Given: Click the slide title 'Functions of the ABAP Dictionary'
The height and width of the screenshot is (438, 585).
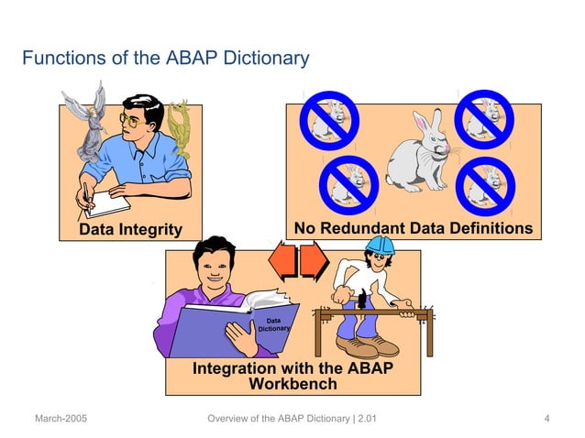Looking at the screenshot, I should tap(165, 60).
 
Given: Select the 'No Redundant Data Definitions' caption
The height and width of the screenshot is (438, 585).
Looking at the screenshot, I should tap(412, 227).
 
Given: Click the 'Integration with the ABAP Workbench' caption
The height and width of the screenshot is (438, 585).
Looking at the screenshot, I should tap(292, 377).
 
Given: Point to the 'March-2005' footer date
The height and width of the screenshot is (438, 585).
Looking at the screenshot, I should tap(61, 420).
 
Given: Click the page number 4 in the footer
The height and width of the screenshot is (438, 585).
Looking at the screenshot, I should tap(546, 420).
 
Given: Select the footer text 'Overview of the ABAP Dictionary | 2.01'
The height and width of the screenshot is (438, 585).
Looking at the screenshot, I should tap(292, 420).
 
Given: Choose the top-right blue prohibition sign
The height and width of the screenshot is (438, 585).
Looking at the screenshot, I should tap(486, 116).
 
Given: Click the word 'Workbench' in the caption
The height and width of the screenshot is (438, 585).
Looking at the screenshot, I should tap(293, 384).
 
